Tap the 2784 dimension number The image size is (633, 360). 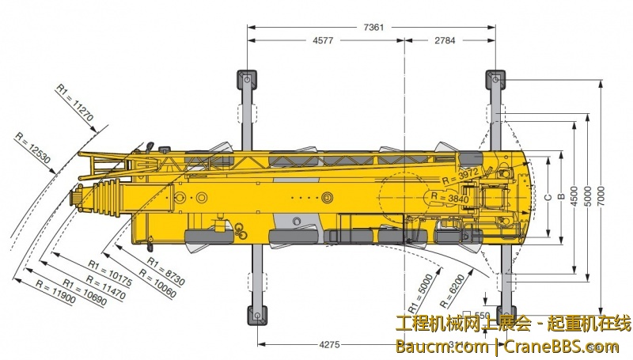click(x=446, y=40)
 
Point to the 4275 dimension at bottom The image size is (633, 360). click(x=329, y=344)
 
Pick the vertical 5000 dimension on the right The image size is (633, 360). click(x=587, y=194)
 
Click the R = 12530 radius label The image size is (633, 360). click(x=33, y=148)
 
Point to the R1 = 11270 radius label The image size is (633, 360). click(x=75, y=104)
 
